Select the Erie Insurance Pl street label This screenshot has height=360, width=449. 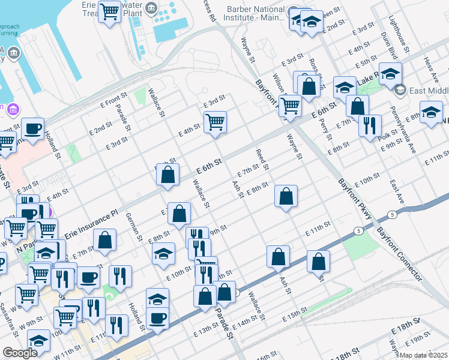pyautogui.click(x=89, y=223)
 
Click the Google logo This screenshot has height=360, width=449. pyautogui.click(x=20, y=353)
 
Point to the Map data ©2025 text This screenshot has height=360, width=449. pyautogui.click(x=423, y=355)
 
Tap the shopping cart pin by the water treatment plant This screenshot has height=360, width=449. pyautogui.click(x=109, y=11)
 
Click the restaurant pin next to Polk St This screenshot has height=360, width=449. pyautogui.click(x=370, y=125)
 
